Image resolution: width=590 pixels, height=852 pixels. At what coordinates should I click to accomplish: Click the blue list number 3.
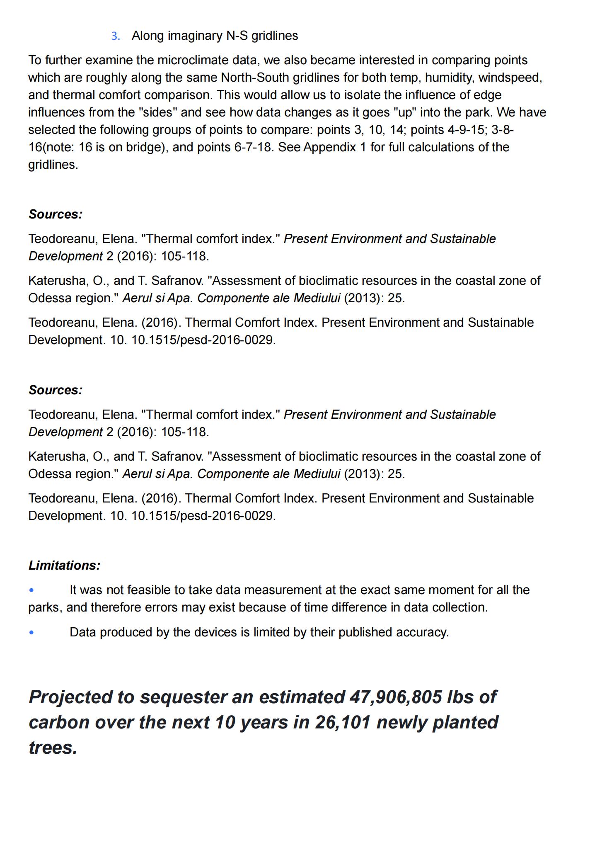(115, 36)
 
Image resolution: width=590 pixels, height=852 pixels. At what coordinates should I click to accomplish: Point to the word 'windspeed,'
(510, 78)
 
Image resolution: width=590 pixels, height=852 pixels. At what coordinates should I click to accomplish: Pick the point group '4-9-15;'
(467, 130)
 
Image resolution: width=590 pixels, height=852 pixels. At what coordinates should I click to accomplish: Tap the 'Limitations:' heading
(64, 566)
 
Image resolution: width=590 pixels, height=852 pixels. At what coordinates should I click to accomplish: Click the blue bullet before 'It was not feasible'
(31, 590)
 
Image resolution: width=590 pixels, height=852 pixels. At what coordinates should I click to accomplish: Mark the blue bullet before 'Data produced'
(31, 633)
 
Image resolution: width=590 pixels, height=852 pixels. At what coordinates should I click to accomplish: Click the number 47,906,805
(396, 697)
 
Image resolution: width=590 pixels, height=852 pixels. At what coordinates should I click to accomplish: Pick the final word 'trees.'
(53, 748)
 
